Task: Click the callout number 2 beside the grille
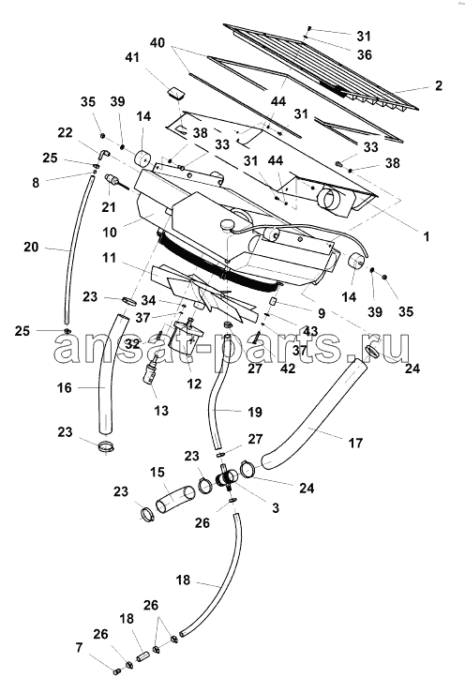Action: point(438,85)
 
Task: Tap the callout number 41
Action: point(132,57)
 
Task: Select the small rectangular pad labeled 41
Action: point(177,93)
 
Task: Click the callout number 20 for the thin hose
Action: point(31,247)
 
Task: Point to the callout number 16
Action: point(64,388)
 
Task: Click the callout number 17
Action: point(355,443)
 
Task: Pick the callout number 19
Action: point(255,412)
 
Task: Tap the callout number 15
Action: point(157,472)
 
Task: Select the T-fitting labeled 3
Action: point(227,478)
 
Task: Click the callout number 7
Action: point(79,648)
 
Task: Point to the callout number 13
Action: point(161,411)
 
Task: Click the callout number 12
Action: point(194,384)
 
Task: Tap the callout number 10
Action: point(110,232)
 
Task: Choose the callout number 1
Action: point(427,236)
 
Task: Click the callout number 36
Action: point(365,54)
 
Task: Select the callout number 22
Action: point(65,132)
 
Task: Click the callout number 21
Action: point(109,206)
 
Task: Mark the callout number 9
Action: point(322,313)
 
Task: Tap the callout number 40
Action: point(157,43)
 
